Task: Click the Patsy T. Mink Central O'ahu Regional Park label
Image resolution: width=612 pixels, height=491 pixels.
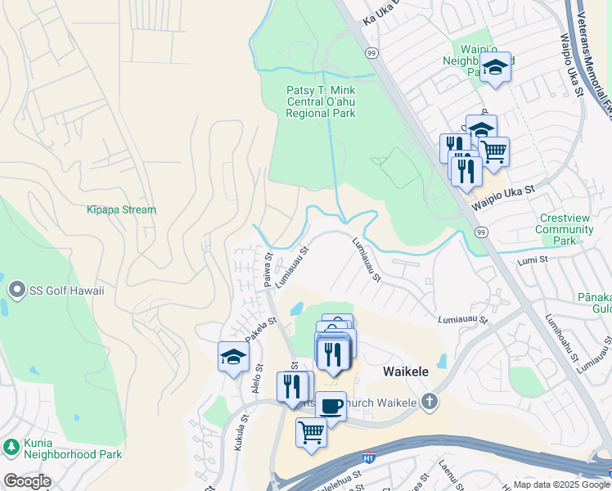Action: tap(321, 101)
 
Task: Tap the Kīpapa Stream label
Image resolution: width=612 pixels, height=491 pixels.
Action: tap(121, 209)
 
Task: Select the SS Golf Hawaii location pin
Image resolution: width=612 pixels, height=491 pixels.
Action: tap(16, 290)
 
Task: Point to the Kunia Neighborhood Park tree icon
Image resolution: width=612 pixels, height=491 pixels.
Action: tap(11, 447)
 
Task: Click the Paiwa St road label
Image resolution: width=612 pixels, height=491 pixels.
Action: tap(268, 270)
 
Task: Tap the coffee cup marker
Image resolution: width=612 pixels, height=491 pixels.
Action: tap(331, 405)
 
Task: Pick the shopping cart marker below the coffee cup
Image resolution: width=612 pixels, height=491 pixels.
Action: tap(311, 431)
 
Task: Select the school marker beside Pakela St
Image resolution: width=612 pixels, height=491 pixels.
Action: tap(233, 357)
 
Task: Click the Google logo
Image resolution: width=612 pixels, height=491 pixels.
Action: tap(26, 481)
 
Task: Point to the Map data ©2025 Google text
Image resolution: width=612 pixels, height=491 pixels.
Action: tap(560, 484)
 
